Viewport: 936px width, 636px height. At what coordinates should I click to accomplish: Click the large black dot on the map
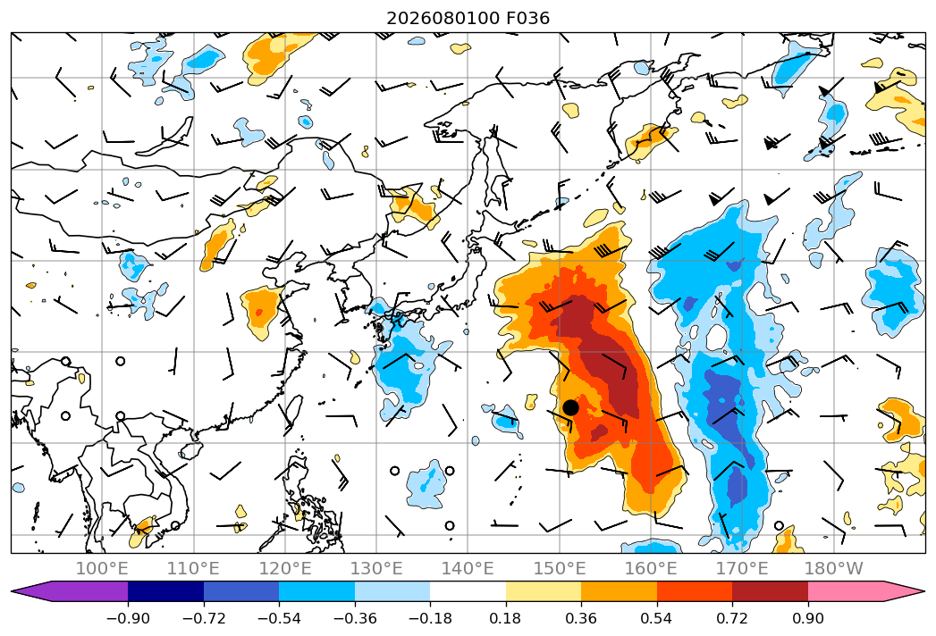[570, 407]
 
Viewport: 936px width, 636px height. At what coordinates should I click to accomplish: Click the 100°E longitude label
[102, 568]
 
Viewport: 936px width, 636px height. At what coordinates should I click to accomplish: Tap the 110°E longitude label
[193, 568]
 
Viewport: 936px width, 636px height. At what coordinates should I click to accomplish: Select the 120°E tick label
[285, 568]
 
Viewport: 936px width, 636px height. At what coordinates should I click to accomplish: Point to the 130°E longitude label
[376, 568]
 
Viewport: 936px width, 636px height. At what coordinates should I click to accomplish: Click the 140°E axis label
[468, 568]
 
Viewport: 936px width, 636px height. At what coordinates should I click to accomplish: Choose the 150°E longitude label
[560, 568]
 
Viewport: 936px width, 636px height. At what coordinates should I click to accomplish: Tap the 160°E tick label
[651, 568]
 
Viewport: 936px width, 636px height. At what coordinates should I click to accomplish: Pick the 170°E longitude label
[742, 568]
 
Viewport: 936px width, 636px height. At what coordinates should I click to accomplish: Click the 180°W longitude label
[833, 568]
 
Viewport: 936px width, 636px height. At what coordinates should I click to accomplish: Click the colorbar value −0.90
[128, 618]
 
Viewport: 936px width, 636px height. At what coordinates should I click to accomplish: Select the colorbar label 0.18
[506, 618]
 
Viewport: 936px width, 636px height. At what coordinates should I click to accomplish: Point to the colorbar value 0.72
[732, 618]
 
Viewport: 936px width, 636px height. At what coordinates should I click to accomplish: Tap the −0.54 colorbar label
[279, 618]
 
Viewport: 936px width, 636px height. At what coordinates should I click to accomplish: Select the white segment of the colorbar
[468, 591]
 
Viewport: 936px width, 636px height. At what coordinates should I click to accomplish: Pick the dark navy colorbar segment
[166, 591]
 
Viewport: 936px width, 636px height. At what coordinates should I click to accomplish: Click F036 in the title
[527, 19]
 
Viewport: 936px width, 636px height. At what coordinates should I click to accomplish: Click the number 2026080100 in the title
[443, 19]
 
